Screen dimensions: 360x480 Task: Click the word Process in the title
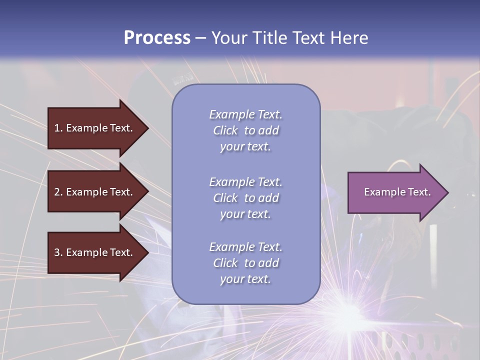pyautogui.click(x=157, y=38)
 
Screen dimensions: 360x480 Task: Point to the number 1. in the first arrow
pyautogui.click(x=58, y=128)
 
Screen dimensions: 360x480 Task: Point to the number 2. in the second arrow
pyautogui.click(x=58, y=192)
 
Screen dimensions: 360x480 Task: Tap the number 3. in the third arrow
pyautogui.click(x=58, y=252)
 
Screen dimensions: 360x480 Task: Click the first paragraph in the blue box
pyautogui.click(x=245, y=130)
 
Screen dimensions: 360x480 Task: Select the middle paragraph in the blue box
pyautogui.click(x=245, y=197)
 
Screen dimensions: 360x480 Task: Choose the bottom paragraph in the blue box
pyautogui.click(x=245, y=262)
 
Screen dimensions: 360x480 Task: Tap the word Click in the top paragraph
pyautogui.click(x=225, y=130)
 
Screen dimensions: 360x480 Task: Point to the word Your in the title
pyautogui.click(x=228, y=38)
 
